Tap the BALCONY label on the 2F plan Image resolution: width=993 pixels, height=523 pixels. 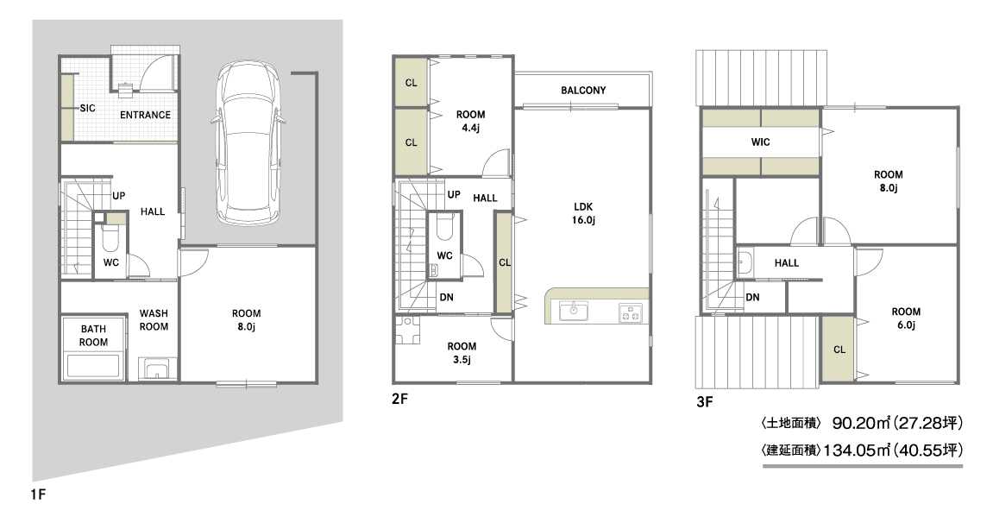[583, 91]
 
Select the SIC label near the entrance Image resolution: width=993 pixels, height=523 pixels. [87, 108]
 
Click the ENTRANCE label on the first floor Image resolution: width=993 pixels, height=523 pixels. [145, 115]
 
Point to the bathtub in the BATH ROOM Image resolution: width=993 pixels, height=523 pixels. [93, 367]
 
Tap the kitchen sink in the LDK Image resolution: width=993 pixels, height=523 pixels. [574, 311]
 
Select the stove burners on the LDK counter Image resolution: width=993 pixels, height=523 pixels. [630, 312]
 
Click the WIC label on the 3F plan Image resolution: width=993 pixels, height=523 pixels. [761, 142]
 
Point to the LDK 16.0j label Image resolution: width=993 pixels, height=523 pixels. [582, 213]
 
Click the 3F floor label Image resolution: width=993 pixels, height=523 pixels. [704, 402]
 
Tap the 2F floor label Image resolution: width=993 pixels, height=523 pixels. [399, 400]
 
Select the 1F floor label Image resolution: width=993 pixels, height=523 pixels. [38, 494]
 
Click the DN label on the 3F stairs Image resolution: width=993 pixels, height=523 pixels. [752, 297]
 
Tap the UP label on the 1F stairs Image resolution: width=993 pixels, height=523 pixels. [118, 196]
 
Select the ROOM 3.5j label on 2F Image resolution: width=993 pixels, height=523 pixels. [462, 353]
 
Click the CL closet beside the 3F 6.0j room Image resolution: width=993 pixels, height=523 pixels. [839, 350]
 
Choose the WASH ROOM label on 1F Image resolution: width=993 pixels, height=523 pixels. [154, 319]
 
